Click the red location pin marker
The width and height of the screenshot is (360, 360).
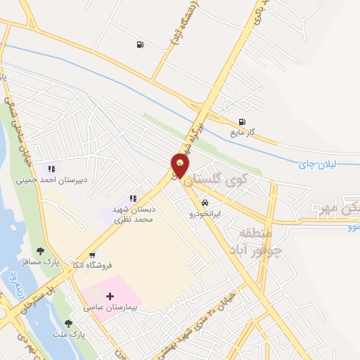coord(181,165)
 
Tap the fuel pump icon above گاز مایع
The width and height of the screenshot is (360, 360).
coord(243,121)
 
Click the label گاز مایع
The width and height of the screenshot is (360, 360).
coord(243,131)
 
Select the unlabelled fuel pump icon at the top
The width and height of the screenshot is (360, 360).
coord(140,45)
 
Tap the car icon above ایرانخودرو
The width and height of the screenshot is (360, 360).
coord(205,201)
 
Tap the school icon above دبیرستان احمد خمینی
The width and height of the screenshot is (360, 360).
coord(51,169)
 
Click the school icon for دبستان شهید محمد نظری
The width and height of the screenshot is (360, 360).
coord(133,199)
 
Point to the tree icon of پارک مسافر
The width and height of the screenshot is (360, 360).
coord(40,250)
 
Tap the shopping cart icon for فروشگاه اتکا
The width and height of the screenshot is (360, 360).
coord(92,255)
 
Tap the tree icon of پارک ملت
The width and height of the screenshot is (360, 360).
coord(68,323)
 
